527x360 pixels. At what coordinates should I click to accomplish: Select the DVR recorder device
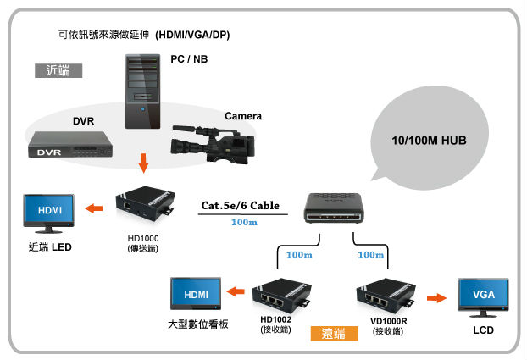pos(67,147)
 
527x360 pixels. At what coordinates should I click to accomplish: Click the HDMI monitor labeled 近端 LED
pos(49,210)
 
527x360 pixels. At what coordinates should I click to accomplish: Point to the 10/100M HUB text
pos(423,137)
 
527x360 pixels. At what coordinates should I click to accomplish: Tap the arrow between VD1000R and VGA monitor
pos(436,297)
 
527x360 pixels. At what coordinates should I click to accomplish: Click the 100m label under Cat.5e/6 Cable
pos(243,223)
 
